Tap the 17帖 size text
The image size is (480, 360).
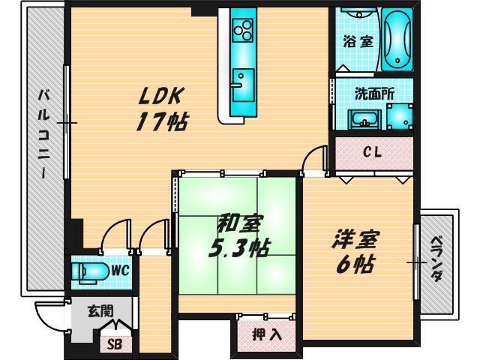[x=161, y=121]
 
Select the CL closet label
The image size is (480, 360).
[x=372, y=152]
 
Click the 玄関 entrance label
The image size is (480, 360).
[x=99, y=310]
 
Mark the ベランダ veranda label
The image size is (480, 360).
[x=436, y=259]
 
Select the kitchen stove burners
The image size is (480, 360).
[x=243, y=31]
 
